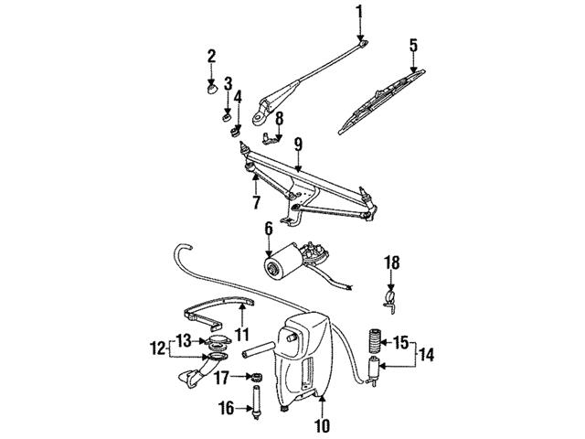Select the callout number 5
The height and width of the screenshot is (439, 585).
pos(413,44)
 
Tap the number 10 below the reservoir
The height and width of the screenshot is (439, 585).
pos(321,425)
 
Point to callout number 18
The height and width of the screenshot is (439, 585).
pos(391,262)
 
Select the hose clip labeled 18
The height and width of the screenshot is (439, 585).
pos(391,297)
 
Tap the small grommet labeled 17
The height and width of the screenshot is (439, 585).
pos(257,377)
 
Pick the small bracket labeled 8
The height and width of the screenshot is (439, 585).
pos(270,139)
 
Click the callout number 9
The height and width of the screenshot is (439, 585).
pos(298,144)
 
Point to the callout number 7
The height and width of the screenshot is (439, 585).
pos(256,200)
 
